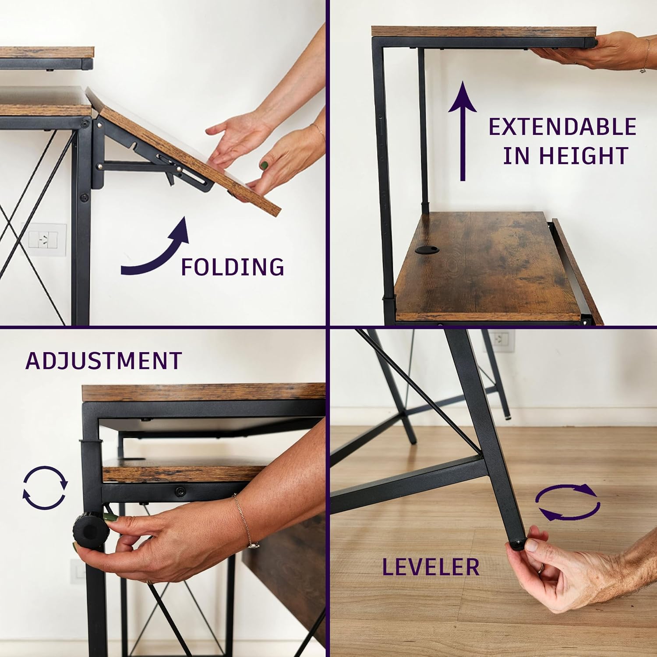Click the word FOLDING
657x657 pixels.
(233, 267)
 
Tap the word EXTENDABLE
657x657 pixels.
(562, 127)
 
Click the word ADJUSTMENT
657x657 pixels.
(104, 360)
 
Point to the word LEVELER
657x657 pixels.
(431, 567)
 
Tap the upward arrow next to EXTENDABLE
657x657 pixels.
(463, 131)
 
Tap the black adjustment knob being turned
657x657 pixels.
(91, 530)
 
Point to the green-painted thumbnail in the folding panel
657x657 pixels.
(265, 166)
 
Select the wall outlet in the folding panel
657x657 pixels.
(44, 240)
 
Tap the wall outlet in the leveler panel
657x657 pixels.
(499, 341)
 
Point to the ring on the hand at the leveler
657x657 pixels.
(542, 568)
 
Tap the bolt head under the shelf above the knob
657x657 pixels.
(179, 491)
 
